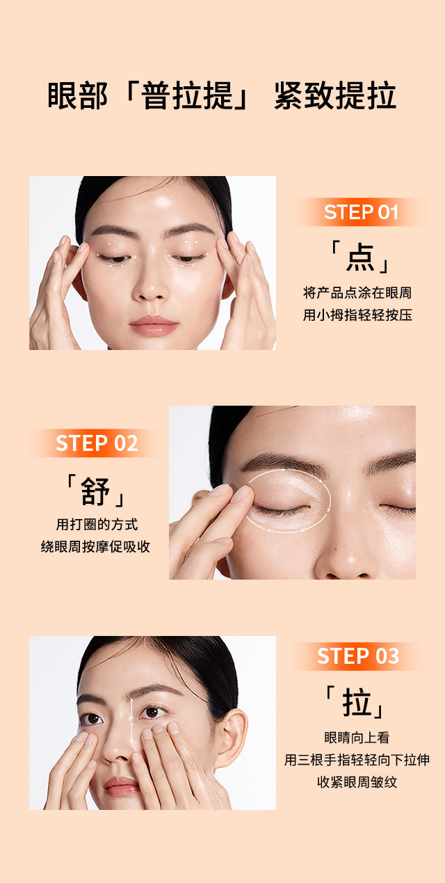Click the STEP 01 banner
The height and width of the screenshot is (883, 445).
(360, 212)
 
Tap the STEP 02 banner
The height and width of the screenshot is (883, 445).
(97, 443)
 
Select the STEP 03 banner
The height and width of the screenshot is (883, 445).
(358, 656)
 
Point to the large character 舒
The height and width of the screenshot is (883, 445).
(95, 491)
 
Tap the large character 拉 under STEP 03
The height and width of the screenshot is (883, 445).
(357, 702)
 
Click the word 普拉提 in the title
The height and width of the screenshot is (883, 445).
(187, 95)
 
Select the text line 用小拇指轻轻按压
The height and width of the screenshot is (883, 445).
(357, 315)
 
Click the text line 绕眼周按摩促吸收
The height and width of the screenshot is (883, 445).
(95, 546)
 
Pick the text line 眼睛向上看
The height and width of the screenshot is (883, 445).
(357, 737)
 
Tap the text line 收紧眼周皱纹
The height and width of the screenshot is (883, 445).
(357, 782)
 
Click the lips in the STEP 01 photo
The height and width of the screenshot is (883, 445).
(154, 326)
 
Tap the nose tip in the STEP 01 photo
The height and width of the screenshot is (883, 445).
(150, 292)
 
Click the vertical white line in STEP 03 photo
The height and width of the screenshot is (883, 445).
(131, 724)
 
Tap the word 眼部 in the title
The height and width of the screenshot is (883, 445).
(77, 95)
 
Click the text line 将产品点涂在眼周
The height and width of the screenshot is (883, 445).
(357, 293)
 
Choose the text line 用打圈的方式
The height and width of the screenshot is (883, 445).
(97, 524)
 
